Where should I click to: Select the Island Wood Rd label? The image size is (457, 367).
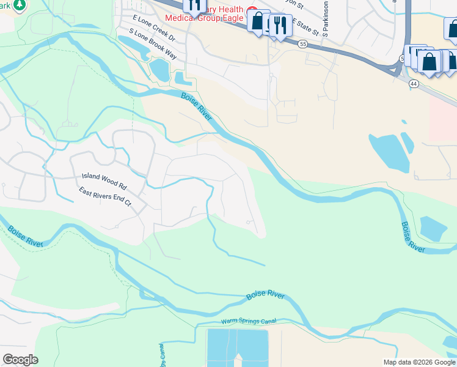pyautogui.click(x=104, y=180)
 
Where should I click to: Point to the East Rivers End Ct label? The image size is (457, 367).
pyautogui.click(x=105, y=196)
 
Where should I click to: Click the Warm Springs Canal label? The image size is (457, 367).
pyautogui.click(x=249, y=321)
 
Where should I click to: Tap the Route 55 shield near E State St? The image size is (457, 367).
pyautogui.click(x=303, y=44)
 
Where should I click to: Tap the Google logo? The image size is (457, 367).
pyautogui.click(x=20, y=360)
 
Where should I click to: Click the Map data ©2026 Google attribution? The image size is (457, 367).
pyautogui.click(x=419, y=362)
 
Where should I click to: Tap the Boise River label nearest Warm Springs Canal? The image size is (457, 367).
pyautogui.click(x=265, y=295)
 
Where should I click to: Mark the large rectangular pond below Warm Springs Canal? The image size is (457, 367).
pyautogui.click(x=238, y=347)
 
